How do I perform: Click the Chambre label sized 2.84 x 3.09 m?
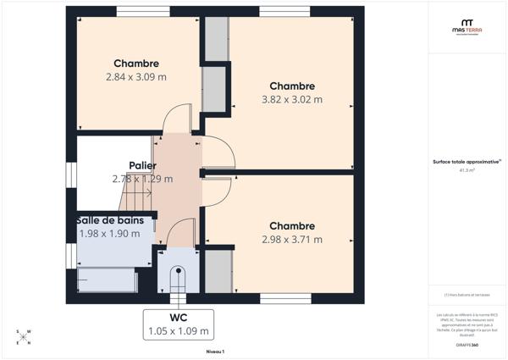(x=136, y=64)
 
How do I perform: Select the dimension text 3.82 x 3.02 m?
(x=292, y=99)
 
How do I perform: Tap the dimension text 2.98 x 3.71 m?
(x=292, y=240)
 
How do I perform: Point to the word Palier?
(x=142, y=165)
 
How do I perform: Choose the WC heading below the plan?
(x=178, y=318)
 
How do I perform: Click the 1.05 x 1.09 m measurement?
(x=178, y=331)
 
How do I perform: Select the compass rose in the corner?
(x=25, y=337)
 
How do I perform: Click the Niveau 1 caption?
(x=215, y=351)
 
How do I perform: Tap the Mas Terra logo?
(x=467, y=27)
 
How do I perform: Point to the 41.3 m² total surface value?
(x=467, y=169)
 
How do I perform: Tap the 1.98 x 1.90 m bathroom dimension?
(x=109, y=234)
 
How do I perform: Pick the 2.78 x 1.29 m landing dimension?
(x=142, y=179)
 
